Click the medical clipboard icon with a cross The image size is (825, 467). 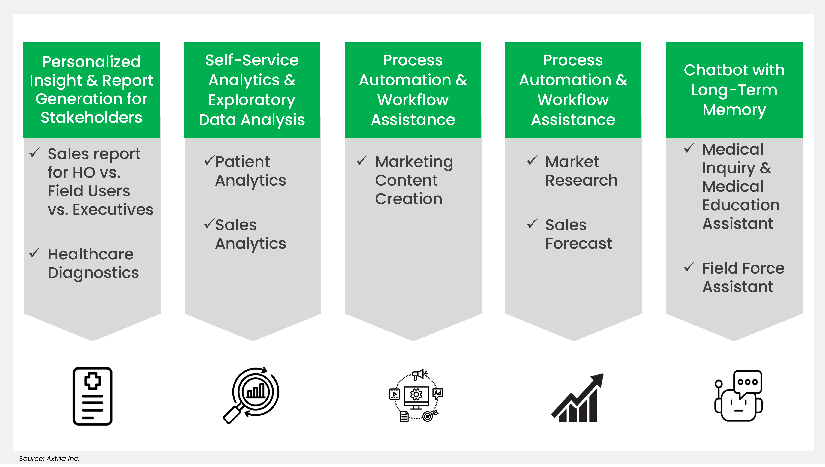click(92, 396)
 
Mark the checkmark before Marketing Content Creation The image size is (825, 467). click(362, 160)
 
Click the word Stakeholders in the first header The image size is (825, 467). click(91, 118)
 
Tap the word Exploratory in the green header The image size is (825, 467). click(252, 100)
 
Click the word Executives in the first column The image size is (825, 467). click(113, 210)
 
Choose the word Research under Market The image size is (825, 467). click(581, 180)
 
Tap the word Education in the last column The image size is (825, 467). click(741, 205)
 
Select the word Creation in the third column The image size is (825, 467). click(408, 199)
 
